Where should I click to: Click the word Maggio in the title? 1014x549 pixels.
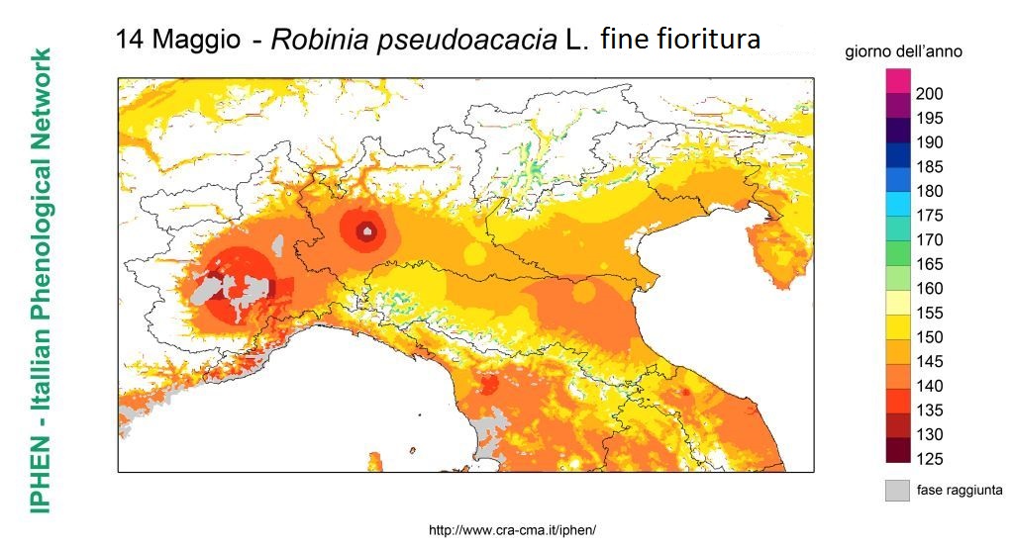click(x=197, y=41)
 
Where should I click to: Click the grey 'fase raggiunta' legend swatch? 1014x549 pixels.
click(x=897, y=490)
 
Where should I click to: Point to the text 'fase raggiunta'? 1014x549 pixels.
click(x=959, y=490)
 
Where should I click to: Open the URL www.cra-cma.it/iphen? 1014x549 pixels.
click(x=512, y=530)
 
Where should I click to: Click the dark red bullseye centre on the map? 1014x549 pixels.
click(x=367, y=232)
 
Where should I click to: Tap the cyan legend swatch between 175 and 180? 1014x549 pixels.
click(x=897, y=203)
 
